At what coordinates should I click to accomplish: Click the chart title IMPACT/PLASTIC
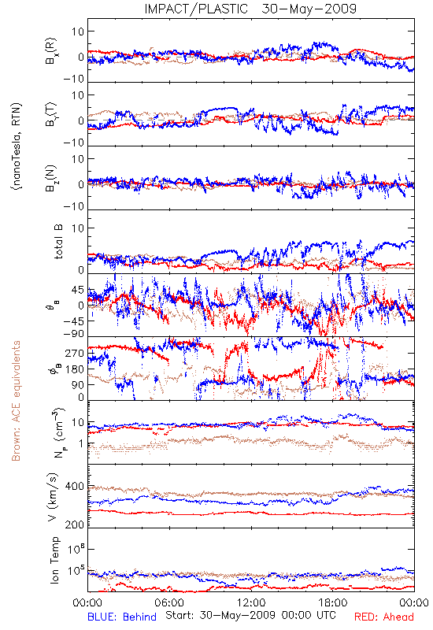(x=196, y=9)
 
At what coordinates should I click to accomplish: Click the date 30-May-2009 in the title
(x=309, y=9)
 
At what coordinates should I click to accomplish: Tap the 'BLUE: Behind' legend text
(x=122, y=617)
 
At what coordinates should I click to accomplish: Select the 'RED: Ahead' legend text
(x=383, y=617)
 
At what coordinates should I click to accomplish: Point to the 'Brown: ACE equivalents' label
(x=16, y=401)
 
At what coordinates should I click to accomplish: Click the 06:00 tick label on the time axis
(x=169, y=602)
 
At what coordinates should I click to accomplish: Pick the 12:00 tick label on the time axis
(x=251, y=602)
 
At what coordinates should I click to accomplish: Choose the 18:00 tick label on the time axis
(x=332, y=602)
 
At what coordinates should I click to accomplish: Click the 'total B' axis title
(x=57, y=242)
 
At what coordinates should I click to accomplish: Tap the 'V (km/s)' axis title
(x=53, y=497)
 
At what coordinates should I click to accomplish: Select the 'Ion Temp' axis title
(x=54, y=560)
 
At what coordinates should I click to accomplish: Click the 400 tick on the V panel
(x=75, y=487)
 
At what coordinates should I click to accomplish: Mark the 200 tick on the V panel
(x=75, y=524)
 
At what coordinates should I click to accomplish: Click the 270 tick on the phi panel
(x=75, y=353)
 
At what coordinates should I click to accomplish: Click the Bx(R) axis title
(x=51, y=51)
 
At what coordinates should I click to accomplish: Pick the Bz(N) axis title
(x=51, y=179)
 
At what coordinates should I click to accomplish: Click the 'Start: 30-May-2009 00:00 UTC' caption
(x=250, y=615)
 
